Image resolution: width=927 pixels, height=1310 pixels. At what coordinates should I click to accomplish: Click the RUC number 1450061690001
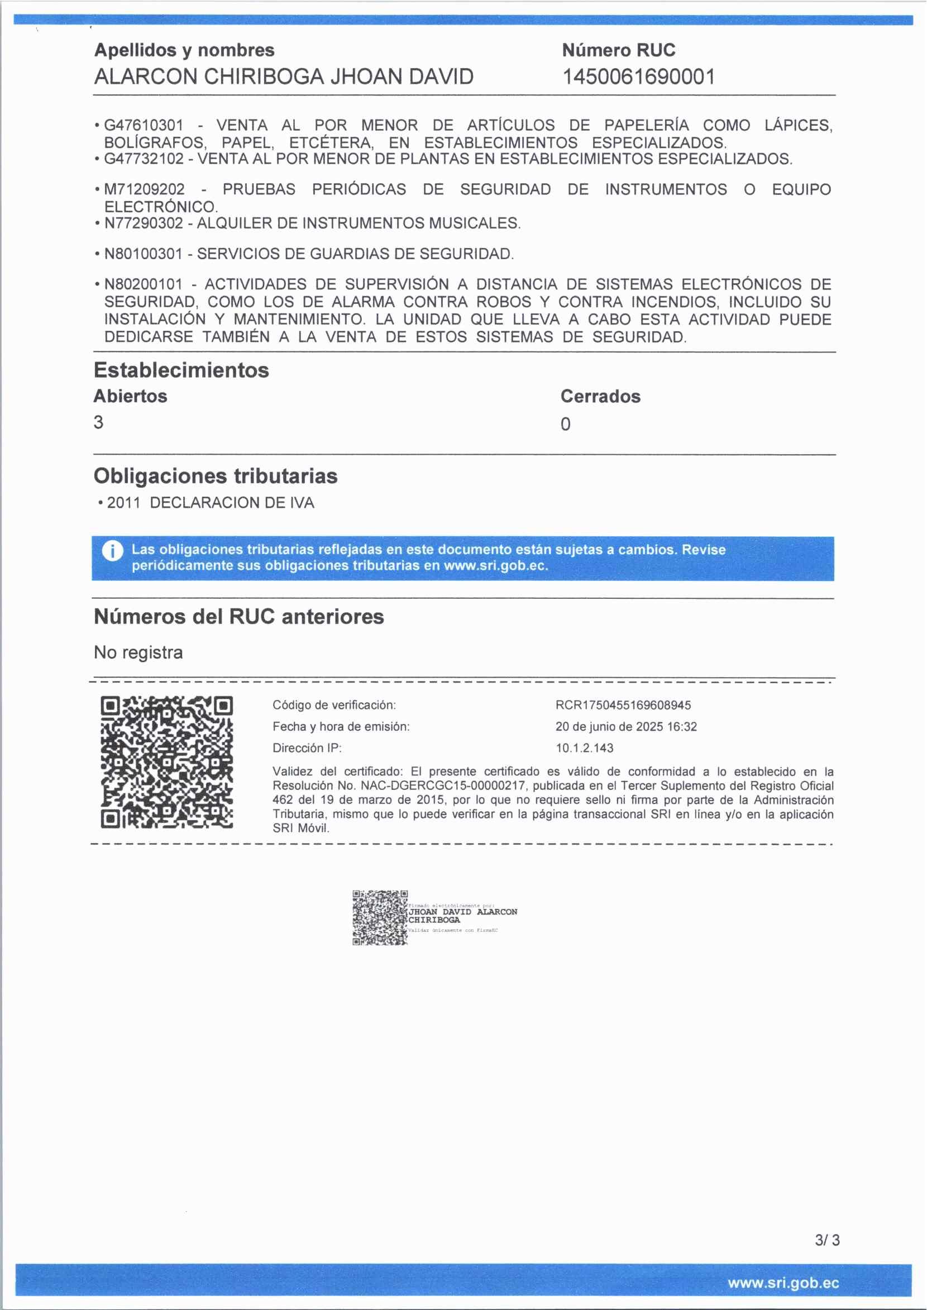tap(638, 77)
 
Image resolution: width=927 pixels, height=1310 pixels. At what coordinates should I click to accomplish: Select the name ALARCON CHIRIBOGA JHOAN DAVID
tap(284, 77)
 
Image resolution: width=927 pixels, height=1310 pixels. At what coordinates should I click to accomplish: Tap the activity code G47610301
tap(144, 125)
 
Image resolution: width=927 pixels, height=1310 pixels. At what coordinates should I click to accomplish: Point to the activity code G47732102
tap(144, 158)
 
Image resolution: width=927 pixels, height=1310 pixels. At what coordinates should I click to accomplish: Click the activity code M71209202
tap(145, 189)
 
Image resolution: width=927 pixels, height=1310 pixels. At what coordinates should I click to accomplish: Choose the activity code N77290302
tap(144, 223)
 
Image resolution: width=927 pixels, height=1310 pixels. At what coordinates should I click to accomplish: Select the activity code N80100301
tap(144, 254)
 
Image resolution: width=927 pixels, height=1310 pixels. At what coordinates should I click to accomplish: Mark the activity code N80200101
tap(144, 284)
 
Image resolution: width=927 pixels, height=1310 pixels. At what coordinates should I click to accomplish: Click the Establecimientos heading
tap(181, 370)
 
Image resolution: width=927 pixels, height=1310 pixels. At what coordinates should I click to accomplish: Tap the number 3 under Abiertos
tap(99, 422)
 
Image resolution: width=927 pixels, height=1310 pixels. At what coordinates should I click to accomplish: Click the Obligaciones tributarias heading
tap(215, 476)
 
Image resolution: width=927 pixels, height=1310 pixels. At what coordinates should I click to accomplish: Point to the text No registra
tap(138, 652)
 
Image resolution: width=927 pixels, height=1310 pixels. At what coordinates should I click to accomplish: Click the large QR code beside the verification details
tap(166, 762)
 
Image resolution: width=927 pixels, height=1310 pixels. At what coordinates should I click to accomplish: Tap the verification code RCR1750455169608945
tap(623, 705)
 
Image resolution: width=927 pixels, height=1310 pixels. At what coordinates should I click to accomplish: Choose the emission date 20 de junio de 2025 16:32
tap(625, 726)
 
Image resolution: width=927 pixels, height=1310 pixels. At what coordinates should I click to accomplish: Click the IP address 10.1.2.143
tap(585, 747)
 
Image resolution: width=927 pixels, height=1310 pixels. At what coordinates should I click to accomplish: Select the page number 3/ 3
tap(827, 1240)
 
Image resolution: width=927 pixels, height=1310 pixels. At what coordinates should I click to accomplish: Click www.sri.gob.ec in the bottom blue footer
tap(783, 1283)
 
